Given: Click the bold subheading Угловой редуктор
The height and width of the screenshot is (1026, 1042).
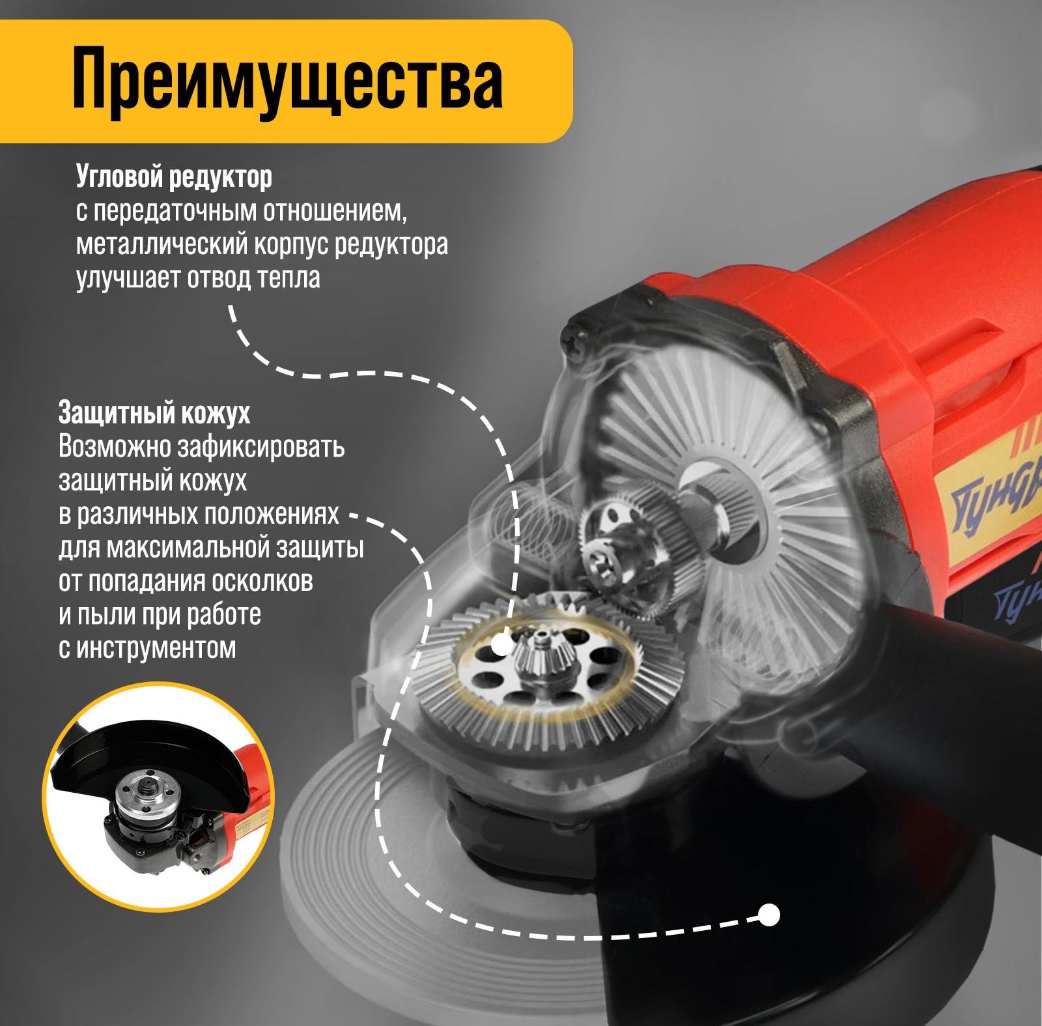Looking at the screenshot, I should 174,177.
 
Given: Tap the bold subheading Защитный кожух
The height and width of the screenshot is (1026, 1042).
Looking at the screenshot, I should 154,413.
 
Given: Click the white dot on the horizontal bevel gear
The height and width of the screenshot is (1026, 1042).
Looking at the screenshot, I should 501,647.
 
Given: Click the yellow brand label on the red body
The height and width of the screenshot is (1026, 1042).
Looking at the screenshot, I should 990,502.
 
